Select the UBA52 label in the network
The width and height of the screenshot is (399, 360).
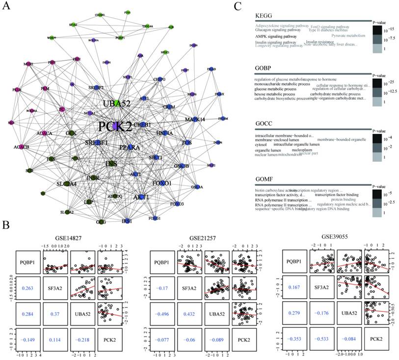click(x=116, y=104)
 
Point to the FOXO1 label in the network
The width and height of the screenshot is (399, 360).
click(x=161, y=183)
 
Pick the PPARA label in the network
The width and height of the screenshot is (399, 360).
click(x=133, y=147)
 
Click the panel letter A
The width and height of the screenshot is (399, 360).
click(x=7, y=7)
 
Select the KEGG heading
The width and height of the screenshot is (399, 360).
click(x=265, y=16)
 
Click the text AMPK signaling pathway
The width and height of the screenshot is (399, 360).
click(x=276, y=36)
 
